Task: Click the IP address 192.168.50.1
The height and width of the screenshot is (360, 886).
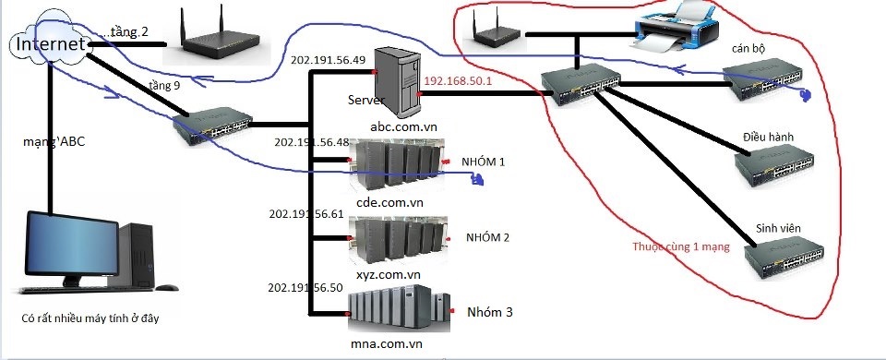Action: point(458,81)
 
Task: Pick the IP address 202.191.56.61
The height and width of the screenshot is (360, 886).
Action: point(305,213)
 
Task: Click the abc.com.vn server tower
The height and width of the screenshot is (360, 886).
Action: point(398,82)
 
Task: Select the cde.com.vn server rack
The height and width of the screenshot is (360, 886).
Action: point(397,164)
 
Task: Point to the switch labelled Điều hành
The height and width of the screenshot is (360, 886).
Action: point(774,165)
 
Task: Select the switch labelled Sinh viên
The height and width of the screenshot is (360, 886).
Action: point(784,258)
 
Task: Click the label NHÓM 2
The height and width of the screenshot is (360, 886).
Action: point(487,237)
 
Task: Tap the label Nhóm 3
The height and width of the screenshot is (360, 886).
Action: point(490,312)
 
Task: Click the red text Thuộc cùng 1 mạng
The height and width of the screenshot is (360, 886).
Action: point(681,246)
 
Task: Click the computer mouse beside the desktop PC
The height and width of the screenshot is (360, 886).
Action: point(167,288)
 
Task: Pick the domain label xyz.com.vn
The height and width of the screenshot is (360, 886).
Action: point(389,275)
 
